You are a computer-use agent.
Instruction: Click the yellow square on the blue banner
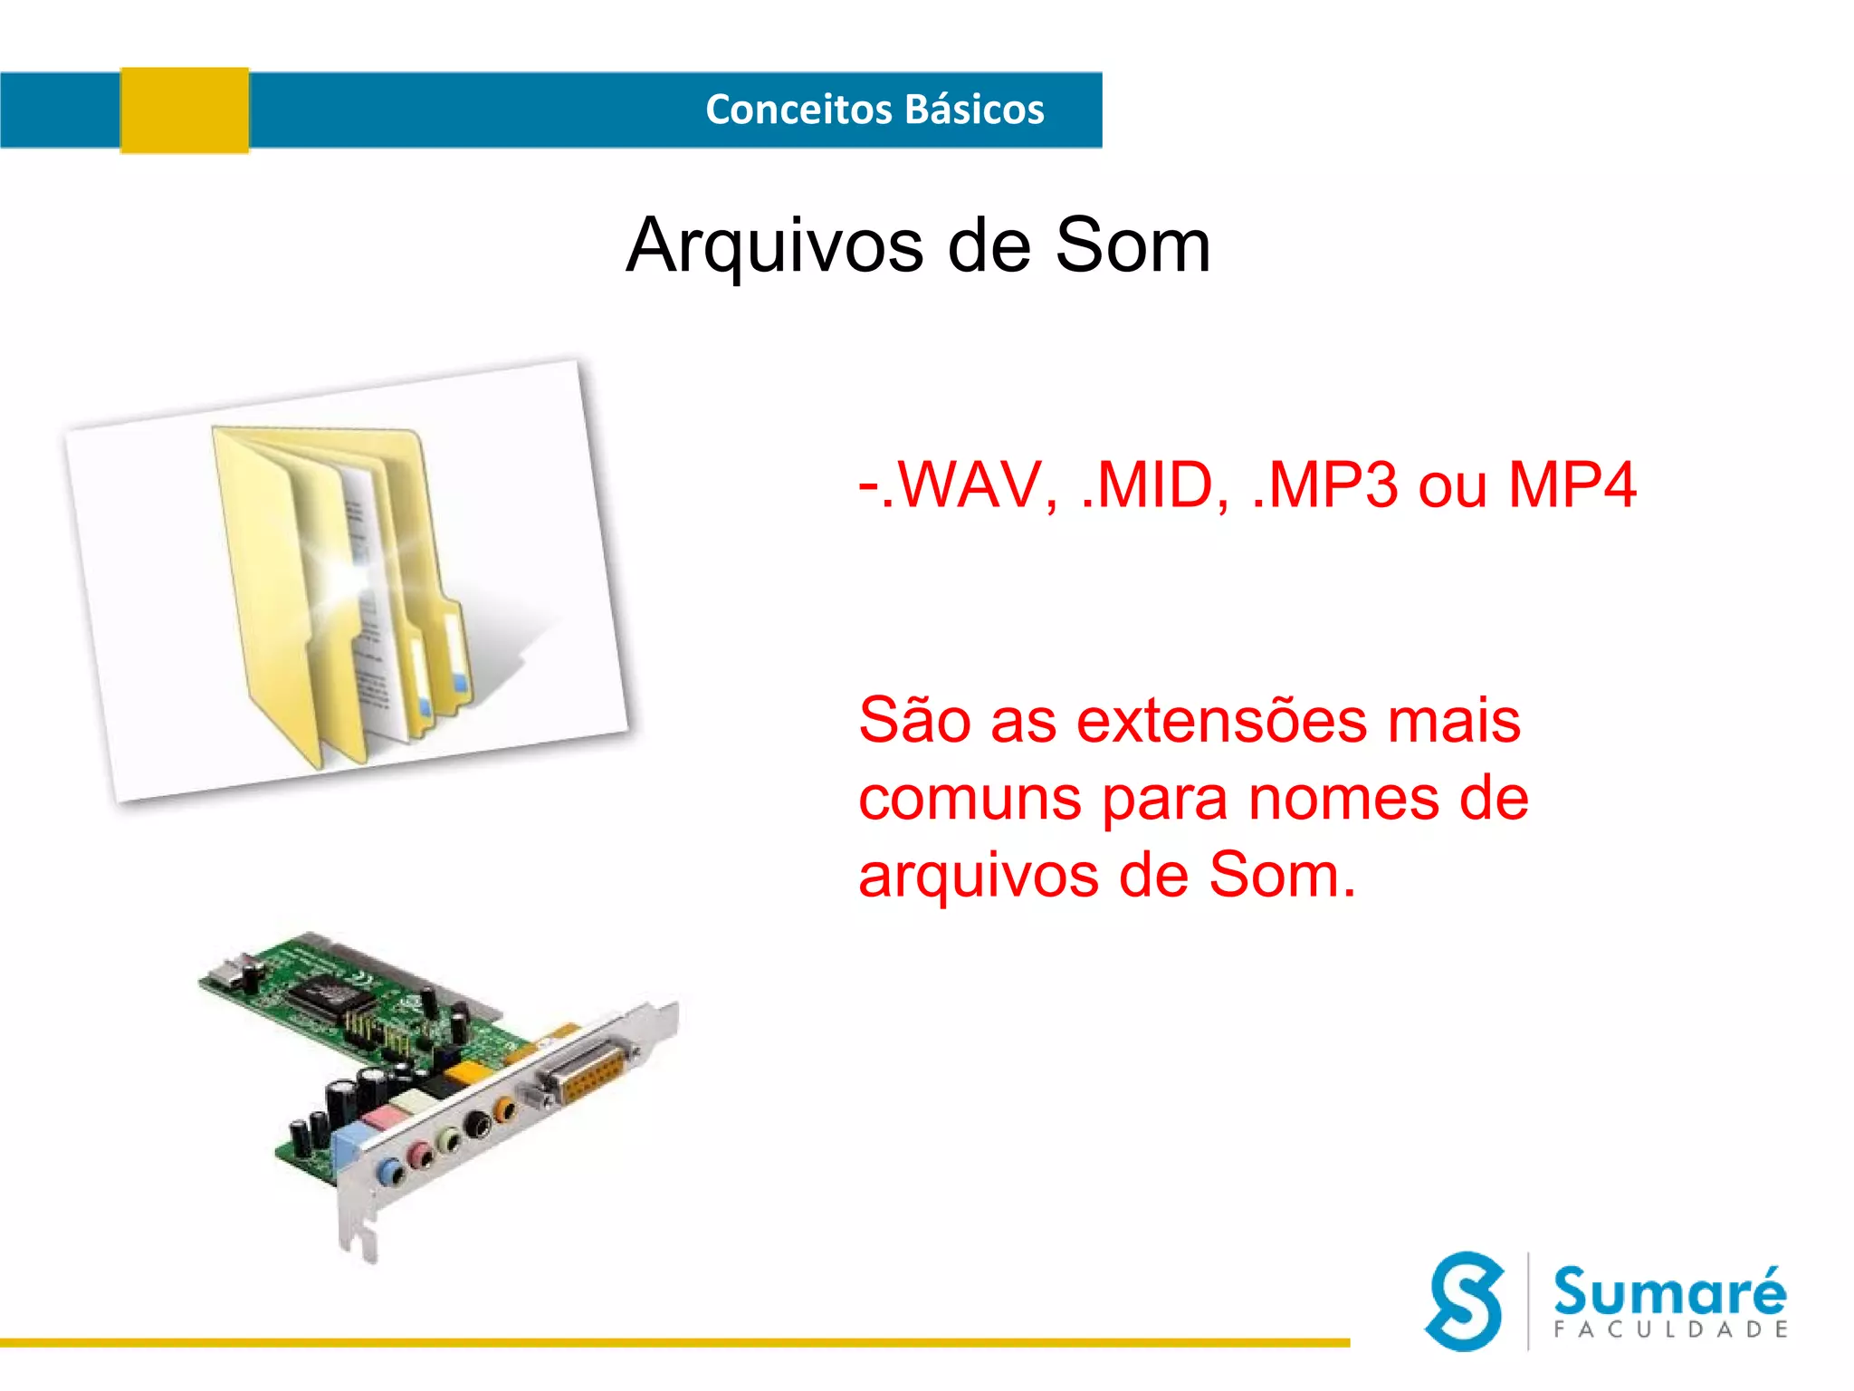pyautogui.click(x=185, y=110)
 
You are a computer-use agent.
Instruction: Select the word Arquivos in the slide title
pyautogui.click(x=775, y=246)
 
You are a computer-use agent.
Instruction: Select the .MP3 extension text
pyautogui.click(x=1324, y=486)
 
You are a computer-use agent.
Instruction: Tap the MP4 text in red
pyautogui.click(x=1572, y=486)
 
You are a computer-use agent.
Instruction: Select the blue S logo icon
pyautogui.click(x=1465, y=1300)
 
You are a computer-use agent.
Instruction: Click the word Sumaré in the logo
pyautogui.click(x=1669, y=1291)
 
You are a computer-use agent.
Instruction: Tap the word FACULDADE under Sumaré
pyautogui.click(x=1669, y=1329)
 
